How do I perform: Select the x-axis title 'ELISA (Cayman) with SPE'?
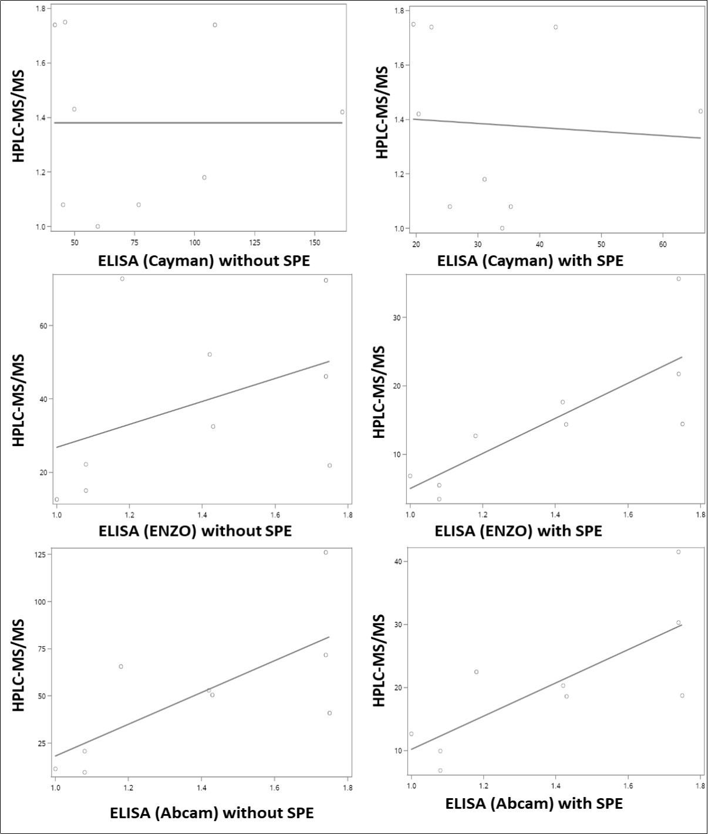(x=530, y=261)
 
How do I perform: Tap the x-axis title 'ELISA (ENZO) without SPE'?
(x=195, y=531)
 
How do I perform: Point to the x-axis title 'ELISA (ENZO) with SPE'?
(x=518, y=531)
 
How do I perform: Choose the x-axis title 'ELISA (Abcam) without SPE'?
(x=211, y=813)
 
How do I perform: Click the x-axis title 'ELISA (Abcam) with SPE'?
(x=534, y=803)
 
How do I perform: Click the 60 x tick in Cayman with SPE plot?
(x=663, y=244)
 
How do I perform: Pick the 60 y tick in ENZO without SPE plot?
(x=43, y=326)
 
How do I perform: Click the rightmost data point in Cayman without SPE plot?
(x=342, y=112)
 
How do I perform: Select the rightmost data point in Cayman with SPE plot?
(x=700, y=111)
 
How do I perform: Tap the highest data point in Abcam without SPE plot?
(x=326, y=552)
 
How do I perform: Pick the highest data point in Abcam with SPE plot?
(x=678, y=552)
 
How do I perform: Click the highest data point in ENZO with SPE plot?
(x=679, y=279)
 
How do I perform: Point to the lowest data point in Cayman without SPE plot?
(x=97, y=226)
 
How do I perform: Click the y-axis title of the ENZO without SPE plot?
(x=19, y=399)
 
